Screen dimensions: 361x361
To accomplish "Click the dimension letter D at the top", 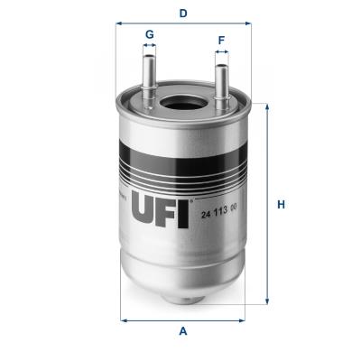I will point(183,13).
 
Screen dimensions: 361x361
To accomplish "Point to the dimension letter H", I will point(281,204).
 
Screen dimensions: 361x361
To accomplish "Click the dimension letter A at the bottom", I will point(183,332).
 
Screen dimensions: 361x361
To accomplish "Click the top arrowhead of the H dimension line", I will point(266,106).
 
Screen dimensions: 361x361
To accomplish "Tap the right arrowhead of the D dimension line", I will point(248,25).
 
